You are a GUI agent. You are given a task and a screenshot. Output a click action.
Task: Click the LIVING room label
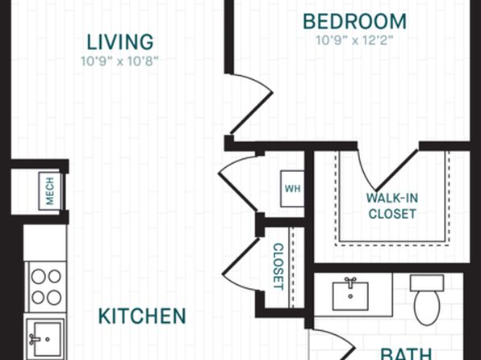(120, 42)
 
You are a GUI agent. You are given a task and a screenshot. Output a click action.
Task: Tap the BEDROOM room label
(354, 22)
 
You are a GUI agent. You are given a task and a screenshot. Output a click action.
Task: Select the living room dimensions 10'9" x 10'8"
(119, 61)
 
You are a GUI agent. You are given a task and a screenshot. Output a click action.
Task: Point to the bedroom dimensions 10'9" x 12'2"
(354, 40)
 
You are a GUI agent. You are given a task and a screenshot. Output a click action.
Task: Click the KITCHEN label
(142, 316)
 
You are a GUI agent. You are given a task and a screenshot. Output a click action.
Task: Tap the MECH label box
(50, 190)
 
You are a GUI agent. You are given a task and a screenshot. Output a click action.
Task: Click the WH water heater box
(292, 188)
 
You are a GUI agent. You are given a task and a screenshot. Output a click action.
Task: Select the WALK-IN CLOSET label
(392, 206)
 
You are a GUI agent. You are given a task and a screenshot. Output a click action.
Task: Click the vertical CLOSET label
(278, 266)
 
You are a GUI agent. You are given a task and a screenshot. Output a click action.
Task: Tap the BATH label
(406, 354)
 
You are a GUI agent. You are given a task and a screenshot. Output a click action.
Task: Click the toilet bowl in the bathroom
(427, 307)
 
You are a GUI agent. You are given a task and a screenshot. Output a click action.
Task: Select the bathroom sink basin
(350, 296)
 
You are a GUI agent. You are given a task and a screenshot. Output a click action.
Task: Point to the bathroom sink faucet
(350, 283)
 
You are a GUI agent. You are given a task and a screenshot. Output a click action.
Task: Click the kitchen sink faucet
(35, 339)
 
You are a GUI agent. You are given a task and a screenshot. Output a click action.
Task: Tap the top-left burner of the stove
(39, 276)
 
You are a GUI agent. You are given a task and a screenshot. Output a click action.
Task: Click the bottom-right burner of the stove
(54, 297)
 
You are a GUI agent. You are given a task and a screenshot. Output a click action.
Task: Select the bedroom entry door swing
(252, 104)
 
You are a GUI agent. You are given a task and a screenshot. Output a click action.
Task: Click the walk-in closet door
(387, 170)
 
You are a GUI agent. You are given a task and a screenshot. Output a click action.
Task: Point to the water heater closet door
(238, 183)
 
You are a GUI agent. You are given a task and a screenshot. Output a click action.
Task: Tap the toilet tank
(427, 283)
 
